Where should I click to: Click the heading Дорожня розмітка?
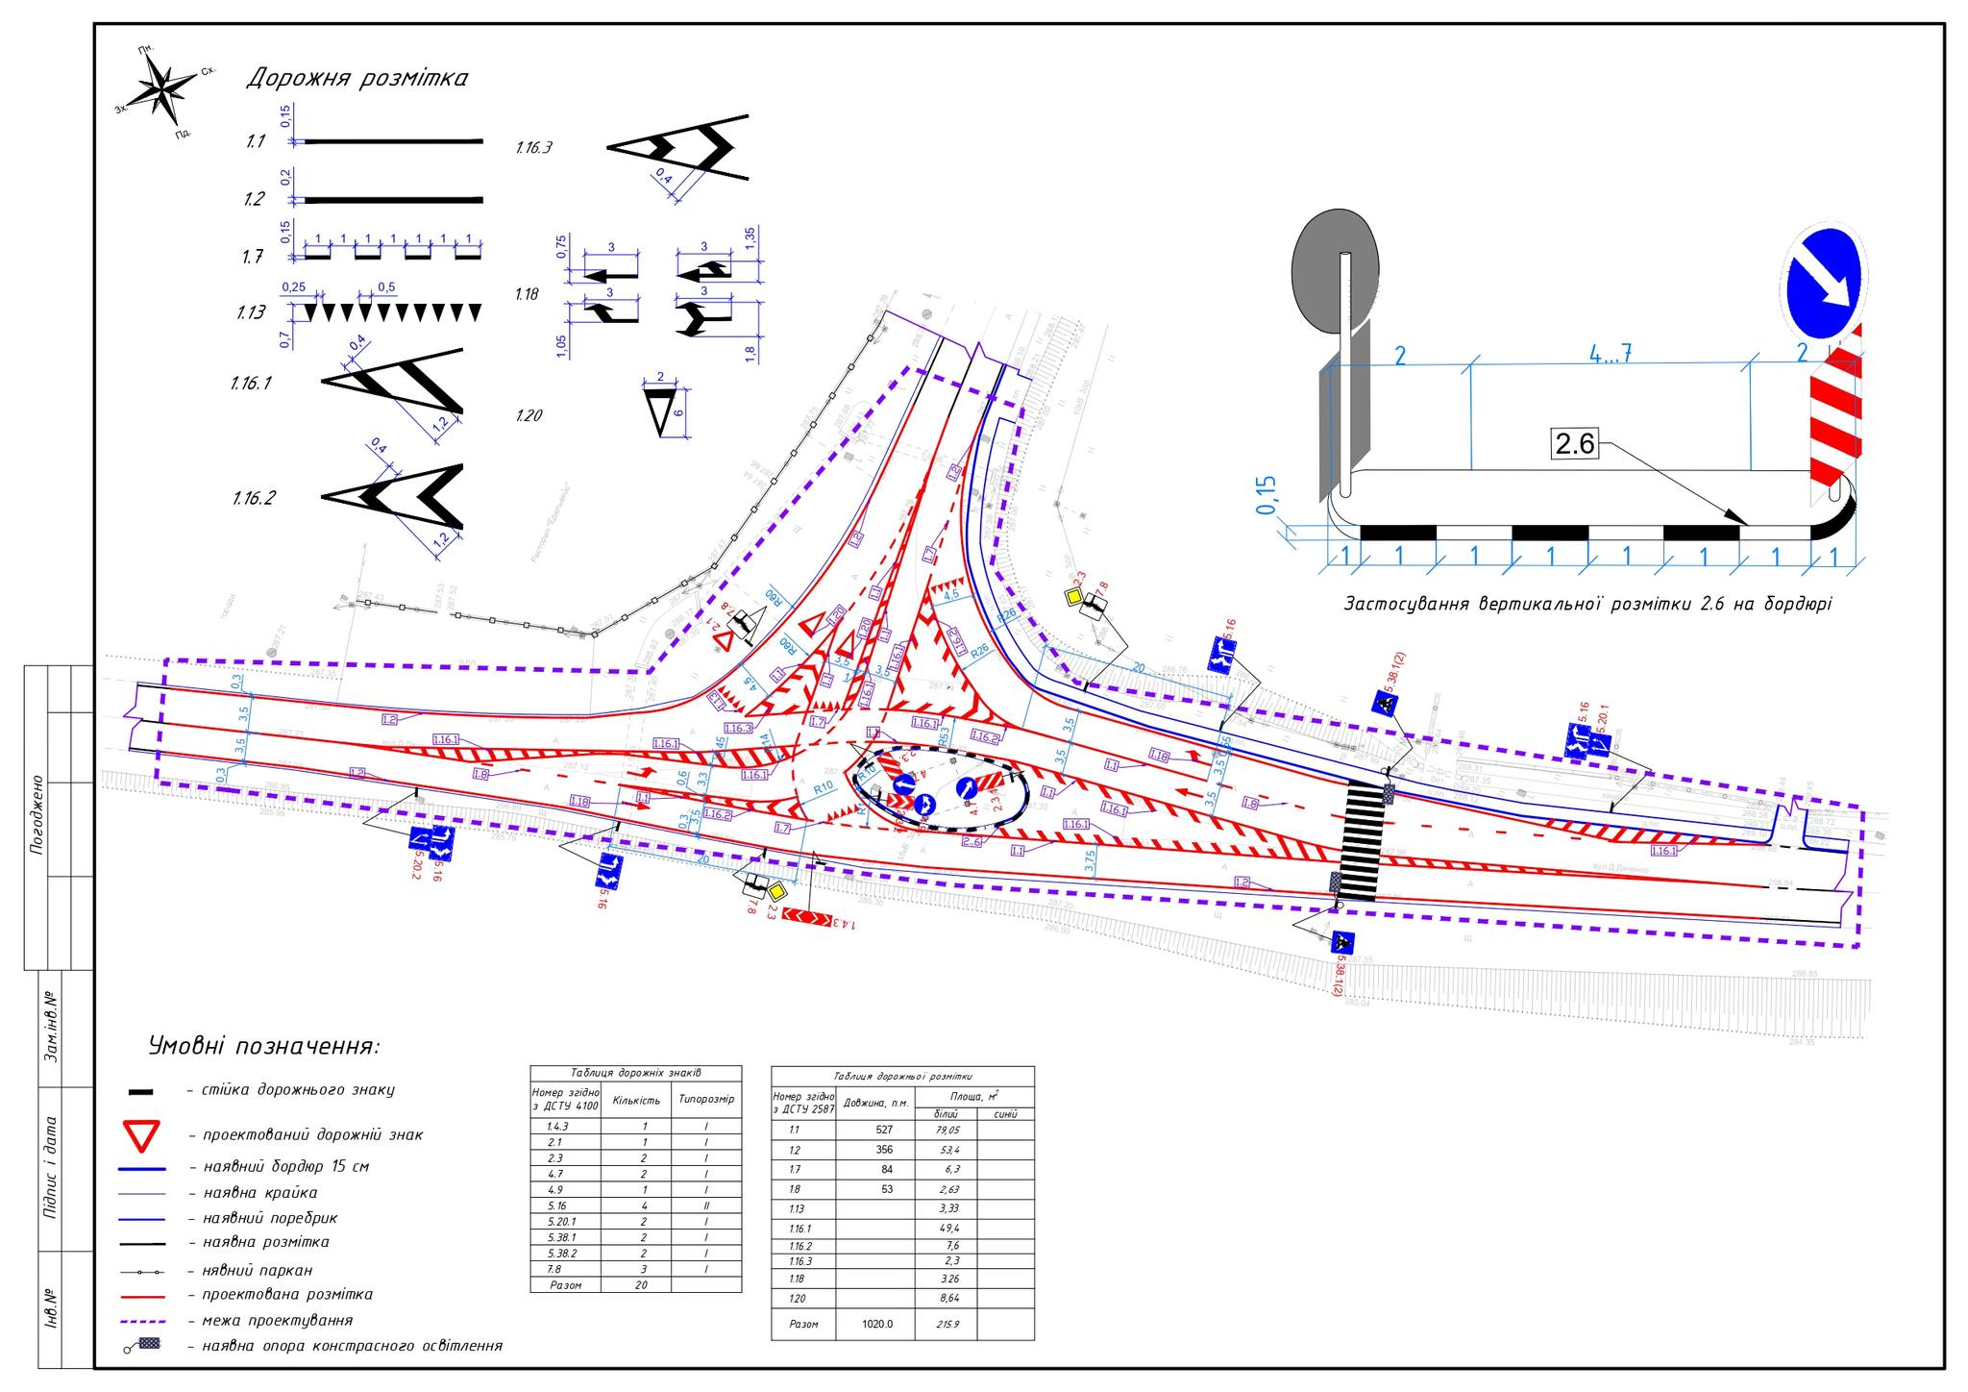pyautogui.click(x=357, y=79)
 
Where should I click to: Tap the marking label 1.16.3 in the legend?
pyautogui.click(x=533, y=148)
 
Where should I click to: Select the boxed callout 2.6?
pyautogui.click(x=1574, y=443)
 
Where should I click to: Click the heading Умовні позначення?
pyautogui.click(x=264, y=1045)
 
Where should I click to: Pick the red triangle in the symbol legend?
pyautogui.click(x=142, y=1135)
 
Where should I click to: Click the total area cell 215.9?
pyautogui.click(x=947, y=1324)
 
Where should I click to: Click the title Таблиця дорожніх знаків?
pyautogui.click(x=635, y=1073)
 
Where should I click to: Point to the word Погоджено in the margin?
pyautogui.click(x=37, y=815)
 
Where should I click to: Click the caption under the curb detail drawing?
pyautogui.click(x=1587, y=604)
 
